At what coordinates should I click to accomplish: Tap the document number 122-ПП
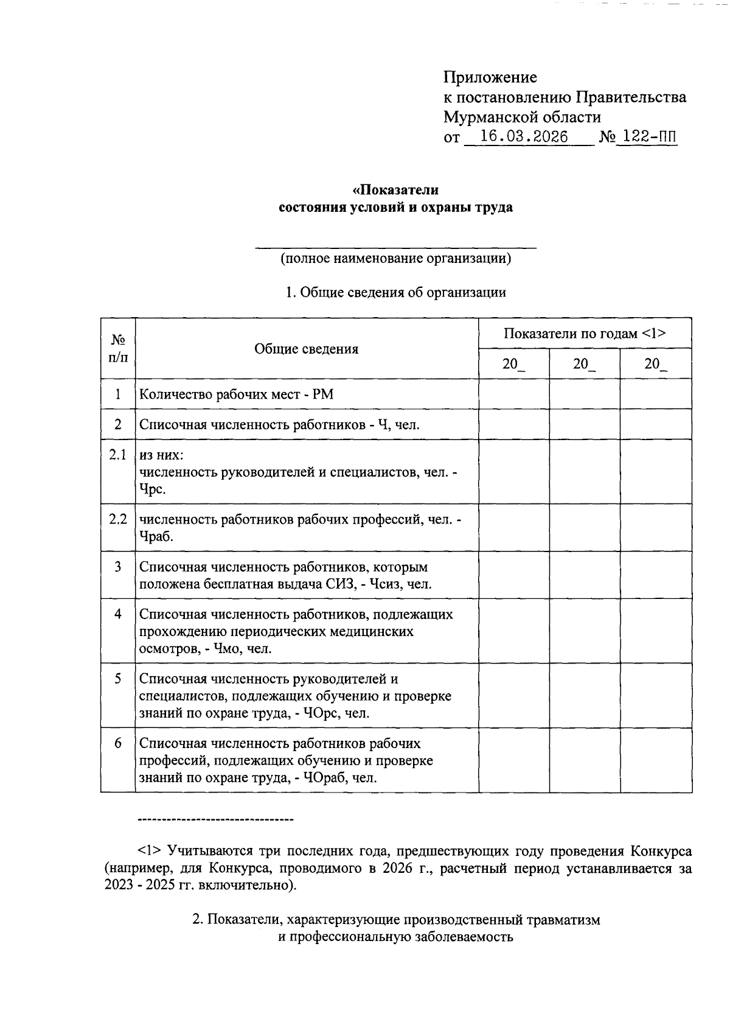pyautogui.click(x=646, y=137)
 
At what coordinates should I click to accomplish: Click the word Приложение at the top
pyautogui.click(x=490, y=77)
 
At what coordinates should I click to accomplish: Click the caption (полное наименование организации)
pyautogui.click(x=395, y=258)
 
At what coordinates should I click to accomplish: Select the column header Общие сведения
pyautogui.click(x=306, y=349)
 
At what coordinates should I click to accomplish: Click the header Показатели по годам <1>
pyautogui.click(x=585, y=334)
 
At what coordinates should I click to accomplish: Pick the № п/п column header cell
pyautogui.click(x=118, y=349)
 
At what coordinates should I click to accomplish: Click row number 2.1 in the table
pyautogui.click(x=118, y=455)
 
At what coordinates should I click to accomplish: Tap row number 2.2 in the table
pyautogui.click(x=118, y=519)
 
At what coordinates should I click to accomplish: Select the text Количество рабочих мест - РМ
pyautogui.click(x=237, y=394)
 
